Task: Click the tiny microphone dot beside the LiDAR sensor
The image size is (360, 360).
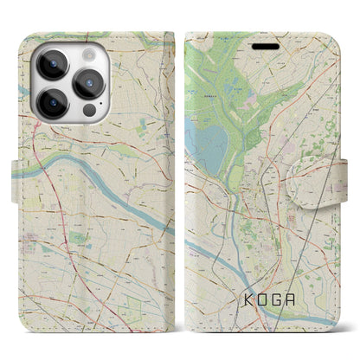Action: (x=100, y=113)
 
